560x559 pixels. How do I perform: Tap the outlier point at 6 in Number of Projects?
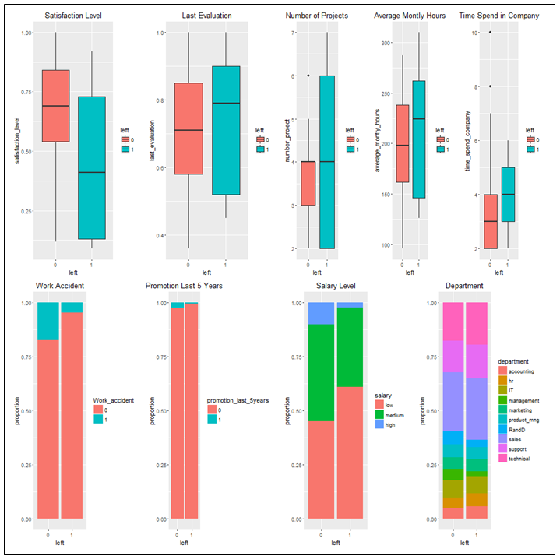[308, 76]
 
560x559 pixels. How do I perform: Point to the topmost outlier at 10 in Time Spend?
[490, 33]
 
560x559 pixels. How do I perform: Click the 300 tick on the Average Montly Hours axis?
[384, 42]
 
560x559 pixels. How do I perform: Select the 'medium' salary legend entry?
[395, 414]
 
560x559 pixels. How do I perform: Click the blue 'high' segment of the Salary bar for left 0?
[321, 313]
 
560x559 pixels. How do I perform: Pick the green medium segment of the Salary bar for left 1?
[350, 347]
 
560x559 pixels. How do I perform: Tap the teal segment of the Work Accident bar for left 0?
[48, 321]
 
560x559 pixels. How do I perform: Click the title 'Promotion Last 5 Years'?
[185, 286]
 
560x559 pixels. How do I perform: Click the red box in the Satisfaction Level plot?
[55, 106]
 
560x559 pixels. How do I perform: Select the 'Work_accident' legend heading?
[114, 400]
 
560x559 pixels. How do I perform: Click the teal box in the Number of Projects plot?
[327, 162]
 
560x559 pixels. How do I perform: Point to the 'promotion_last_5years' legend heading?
[238, 400]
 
